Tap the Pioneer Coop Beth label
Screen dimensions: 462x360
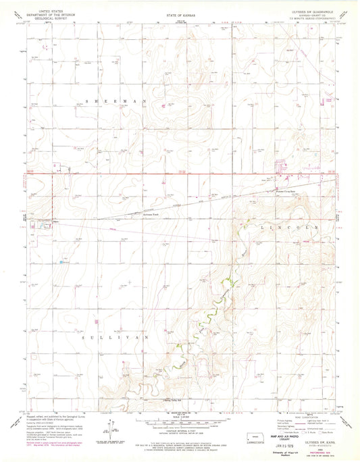[269, 191]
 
